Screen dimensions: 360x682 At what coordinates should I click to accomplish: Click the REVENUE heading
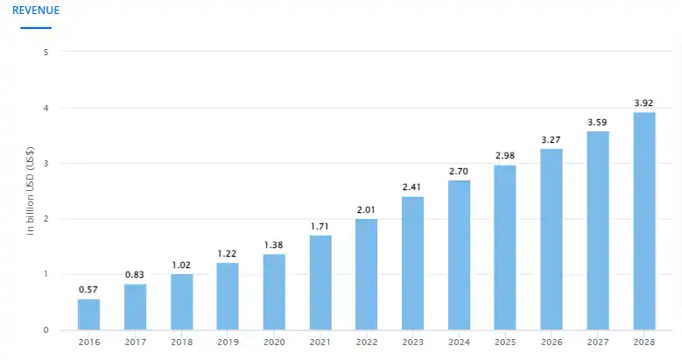click(36, 11)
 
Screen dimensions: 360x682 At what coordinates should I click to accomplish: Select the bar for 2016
click(88, 314)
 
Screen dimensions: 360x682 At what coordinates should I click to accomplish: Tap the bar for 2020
click(274, 292)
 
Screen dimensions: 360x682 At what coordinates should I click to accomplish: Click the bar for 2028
click(644, 221)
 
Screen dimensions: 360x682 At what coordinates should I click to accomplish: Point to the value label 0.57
click(88, 290)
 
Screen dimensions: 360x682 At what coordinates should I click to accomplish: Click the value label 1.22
click(228, 254)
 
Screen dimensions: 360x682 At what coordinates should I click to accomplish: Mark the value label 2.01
click(367, 210)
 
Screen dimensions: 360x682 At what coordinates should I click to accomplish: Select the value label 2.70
click(459, 172)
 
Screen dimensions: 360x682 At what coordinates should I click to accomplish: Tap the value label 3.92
click(644, 103)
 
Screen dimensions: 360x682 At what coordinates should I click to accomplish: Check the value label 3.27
click(552, 139)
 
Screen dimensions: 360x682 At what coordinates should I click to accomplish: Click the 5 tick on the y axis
click(46, 52)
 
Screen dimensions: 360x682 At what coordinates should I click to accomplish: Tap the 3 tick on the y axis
click(46, 164)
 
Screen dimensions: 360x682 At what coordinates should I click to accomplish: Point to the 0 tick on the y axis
click(46, 330)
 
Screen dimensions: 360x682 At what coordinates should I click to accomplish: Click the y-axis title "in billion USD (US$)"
click(31, 191)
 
